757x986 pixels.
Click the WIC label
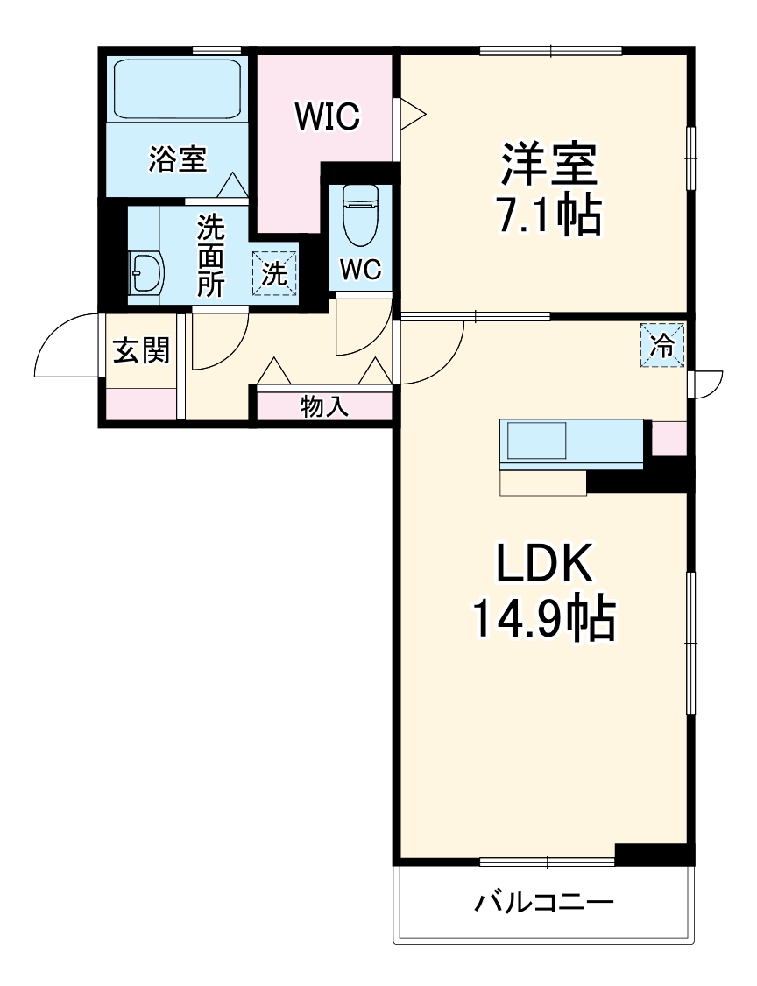click(327, 116)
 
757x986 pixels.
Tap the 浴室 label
click(177, 159)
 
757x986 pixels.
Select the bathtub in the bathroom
click(178, 88)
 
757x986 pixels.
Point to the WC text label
click(360, 271)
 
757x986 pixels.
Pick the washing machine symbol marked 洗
click(274, 274)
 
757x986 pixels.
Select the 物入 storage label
click(325, 406)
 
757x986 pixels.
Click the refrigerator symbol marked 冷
click(663, 346)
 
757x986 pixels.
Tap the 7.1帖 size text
click(548, 215)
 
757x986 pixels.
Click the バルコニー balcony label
click(543, 902)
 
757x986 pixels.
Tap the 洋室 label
click(548, 162)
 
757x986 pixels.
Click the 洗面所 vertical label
click(210, 257)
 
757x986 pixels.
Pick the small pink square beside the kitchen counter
click(669, 439)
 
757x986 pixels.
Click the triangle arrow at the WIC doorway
click(412, 114)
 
